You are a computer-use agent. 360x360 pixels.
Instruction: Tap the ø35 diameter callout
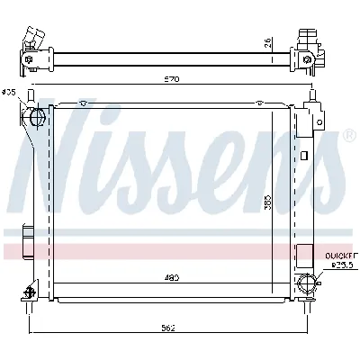point(9,92)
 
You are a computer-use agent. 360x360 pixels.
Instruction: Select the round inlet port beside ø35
point(37,116)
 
